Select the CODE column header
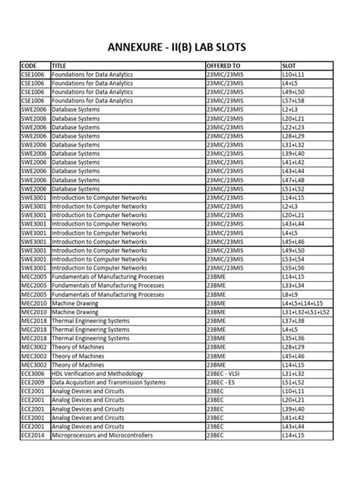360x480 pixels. click(29, 66)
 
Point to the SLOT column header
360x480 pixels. click(289, 66)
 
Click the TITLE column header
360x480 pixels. click(60, 66)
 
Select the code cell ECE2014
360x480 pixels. click(33, 435)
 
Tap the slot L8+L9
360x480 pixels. click(289, 294)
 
